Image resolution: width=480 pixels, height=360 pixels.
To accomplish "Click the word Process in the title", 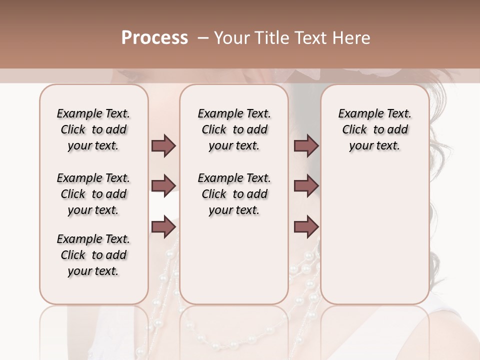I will coord(154,38).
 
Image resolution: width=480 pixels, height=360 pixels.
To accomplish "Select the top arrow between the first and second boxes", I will coord(163,146).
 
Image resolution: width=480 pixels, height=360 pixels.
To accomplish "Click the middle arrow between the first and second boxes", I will coord(163,186).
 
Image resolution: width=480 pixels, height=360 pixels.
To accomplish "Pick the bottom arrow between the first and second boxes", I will coord(163,226).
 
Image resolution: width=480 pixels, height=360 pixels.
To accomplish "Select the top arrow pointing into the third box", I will coord(306,146).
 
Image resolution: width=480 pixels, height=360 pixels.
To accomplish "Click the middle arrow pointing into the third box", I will coord(306,186).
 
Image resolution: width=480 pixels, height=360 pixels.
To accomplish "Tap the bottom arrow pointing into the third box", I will coord(306,226).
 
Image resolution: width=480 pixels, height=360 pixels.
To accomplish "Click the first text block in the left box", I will coord(93,129).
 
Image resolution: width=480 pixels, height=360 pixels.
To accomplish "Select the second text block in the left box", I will coord(93,194).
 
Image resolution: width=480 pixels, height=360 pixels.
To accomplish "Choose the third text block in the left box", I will coord(93,255).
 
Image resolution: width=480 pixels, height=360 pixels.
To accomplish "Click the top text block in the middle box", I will coord(234,129).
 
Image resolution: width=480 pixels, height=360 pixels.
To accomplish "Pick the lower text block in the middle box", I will coord(234,194).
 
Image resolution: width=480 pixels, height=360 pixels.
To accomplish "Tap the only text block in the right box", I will coord(374,129).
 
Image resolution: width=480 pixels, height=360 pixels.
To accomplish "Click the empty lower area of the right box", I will coord(374,240).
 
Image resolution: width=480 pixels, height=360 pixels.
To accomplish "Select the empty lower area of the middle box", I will coord(234,260).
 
